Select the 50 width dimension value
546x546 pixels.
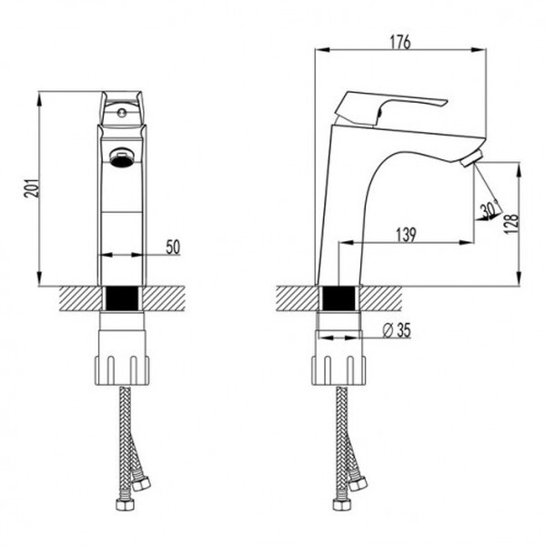(173, 246)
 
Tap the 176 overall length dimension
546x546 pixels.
(399, 42)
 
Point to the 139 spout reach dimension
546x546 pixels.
(406, 235)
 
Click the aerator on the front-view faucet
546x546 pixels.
(120, 157)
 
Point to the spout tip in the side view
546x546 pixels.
(470, 161)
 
